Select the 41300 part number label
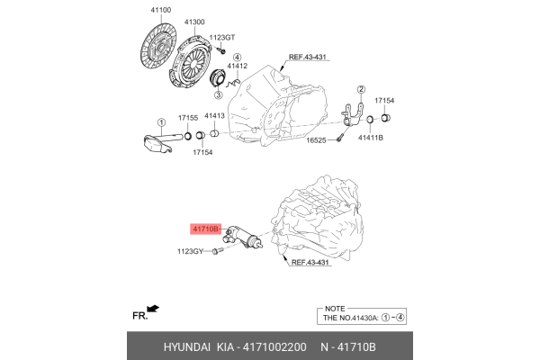[194, 21]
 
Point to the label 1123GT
[222, 38]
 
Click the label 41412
[237, 66]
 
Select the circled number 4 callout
[237, 56]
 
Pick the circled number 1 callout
[161, 123]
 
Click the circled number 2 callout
[361, 89]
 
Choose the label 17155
[188, 118]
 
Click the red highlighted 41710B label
[205, 229]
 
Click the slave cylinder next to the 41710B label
[242, 238]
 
